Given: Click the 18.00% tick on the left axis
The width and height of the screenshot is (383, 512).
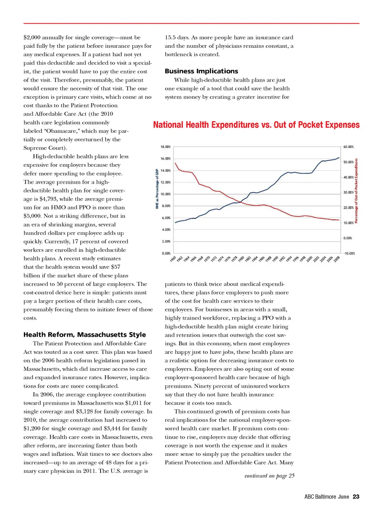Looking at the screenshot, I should pyautogui.click(x=166, y=147).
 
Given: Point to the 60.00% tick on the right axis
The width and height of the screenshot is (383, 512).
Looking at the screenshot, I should pyautogui.click(x=348, y=147).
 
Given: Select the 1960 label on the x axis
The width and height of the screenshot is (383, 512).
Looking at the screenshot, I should pyautogui.click(x=173, y=259).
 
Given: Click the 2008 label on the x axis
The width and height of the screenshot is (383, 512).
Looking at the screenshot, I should pyautogui.click(x=337, y=259).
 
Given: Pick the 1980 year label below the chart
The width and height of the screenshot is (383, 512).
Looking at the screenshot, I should pyautogui.click(x=241, y=259).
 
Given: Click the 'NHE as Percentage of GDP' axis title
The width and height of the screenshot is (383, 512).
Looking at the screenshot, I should pyautogui.click(x=157, y=189).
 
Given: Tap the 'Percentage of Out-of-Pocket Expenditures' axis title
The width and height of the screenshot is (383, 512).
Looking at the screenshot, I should pyautogui.click(x=356, y=191).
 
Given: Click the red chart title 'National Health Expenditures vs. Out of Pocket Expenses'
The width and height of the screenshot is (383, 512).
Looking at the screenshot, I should pyautogui.click(x=256, y=125).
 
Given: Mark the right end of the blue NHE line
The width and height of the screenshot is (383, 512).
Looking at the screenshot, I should pyautogui.click(x=340, y=158).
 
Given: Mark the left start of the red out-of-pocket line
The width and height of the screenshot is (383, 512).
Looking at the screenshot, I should pyautogui.click(x=175, y=163).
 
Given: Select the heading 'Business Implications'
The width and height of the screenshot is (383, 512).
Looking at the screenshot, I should pyautogui.click(x=201, y=71).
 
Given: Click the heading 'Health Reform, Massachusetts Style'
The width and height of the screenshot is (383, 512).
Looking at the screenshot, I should pyautogui.click(x=85, y=335).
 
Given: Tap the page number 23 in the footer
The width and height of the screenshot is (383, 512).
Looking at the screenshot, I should pyautogui.click(x=356, y=496).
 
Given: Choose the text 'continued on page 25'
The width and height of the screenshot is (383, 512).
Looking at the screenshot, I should pyautogui.click(x=269, y=476).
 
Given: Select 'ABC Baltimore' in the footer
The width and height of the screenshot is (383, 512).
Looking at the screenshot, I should pyautogui.click(x=320, y=496).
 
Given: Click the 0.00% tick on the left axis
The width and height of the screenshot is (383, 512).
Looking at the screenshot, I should pyautogui.click(x=166, y=253).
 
